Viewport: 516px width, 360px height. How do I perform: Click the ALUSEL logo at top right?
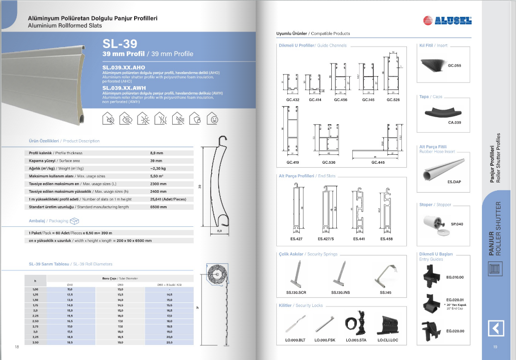pos(447,21)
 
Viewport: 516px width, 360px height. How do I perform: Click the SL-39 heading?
pos(120,44)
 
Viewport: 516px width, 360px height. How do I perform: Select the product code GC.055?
pos(454,66)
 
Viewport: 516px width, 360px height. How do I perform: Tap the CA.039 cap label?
pos(454,123)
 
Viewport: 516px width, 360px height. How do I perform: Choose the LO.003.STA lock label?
pos(355,340)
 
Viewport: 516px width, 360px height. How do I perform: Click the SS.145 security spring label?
pos(386,292)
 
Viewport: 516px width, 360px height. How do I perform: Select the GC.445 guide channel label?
pos(378,162)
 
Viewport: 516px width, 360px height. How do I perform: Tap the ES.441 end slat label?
pos(359,239)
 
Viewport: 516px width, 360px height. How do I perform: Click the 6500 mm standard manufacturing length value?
pos(159,207)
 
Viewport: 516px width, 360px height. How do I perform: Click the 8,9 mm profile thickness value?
pos(156,152)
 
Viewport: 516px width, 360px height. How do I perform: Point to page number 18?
pos(17,347)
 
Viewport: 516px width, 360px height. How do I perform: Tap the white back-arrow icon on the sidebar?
pos(495,328)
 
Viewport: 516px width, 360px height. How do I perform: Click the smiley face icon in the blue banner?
pos(214,119)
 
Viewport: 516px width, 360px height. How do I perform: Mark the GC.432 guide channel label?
pos(293,100)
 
